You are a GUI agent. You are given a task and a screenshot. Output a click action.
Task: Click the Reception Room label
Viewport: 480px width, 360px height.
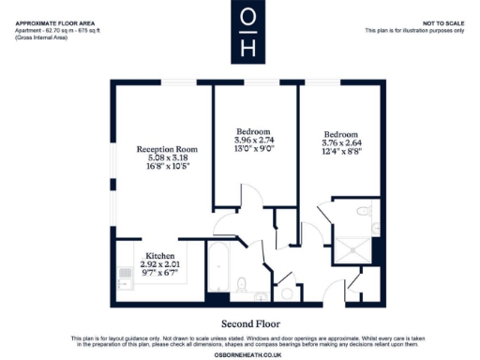167,149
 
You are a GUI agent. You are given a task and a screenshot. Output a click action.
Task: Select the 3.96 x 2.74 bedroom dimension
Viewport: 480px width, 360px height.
254,140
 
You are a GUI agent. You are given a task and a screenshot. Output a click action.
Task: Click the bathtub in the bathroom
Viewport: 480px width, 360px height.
220,271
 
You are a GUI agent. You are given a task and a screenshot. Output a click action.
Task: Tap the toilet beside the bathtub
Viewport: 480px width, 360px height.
242,283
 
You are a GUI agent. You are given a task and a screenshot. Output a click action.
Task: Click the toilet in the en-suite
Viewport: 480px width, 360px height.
374,226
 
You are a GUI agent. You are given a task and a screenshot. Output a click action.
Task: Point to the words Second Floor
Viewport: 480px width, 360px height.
239,322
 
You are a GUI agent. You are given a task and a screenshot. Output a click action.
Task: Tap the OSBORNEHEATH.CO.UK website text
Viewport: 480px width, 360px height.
240,352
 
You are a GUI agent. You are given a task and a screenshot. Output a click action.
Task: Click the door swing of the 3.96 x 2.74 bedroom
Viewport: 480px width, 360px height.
225,223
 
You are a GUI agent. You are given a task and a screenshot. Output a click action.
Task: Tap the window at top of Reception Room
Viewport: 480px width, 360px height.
159,82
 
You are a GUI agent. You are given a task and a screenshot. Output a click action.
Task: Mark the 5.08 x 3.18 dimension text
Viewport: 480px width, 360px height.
167,158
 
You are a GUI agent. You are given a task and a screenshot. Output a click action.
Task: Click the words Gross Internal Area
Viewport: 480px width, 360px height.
37,37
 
